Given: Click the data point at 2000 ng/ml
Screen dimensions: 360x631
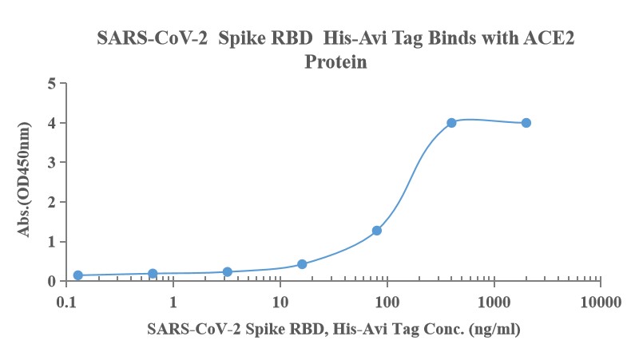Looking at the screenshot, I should [526, 123].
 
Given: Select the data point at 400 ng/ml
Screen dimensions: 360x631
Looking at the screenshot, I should [451, 123].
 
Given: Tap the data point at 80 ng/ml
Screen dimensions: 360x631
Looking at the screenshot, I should [377, 231].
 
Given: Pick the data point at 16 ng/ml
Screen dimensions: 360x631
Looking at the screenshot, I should [302, 264].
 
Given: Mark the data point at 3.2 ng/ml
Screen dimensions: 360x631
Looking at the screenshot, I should [228, 272].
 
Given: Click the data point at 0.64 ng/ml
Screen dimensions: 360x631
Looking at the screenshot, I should [153, 274].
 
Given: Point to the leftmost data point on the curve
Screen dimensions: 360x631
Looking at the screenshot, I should [78, 275].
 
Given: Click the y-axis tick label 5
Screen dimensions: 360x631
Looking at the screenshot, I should [51, 83].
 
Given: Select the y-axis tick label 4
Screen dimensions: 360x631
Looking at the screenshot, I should [51, 123].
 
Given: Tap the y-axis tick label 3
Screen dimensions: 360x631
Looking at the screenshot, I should [51, 162].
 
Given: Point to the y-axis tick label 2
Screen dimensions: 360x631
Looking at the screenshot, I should [51, 202].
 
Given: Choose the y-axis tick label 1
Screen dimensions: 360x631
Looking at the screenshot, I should [51, 242].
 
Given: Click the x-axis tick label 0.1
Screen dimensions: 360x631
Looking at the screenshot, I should [66, 303].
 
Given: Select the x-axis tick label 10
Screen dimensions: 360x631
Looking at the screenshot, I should [280, 303].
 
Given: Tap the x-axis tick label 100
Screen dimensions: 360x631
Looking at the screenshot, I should [387, 303].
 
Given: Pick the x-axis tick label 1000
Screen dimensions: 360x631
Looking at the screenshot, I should [494, 303].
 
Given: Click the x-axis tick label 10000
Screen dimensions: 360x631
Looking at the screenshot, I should [600, 303].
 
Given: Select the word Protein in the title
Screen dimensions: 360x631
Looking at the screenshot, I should [335, 61].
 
